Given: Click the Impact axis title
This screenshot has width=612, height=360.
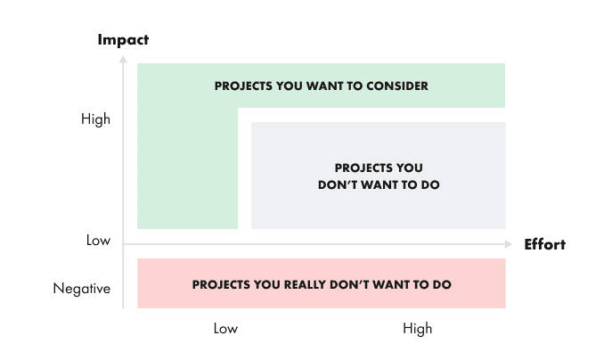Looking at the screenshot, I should tap(123, 40).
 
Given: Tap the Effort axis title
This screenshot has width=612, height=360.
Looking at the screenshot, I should tap(544, 244).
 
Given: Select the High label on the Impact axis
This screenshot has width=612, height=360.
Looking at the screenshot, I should tap(95, 119).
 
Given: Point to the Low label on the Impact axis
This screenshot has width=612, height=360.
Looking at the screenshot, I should tap(98, 241).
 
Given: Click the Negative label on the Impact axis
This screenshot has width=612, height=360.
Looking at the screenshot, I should tap(82, 289).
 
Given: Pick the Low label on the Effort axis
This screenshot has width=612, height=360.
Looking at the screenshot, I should tap(225, 329).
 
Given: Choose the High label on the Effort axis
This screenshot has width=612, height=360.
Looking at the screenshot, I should tap(417, 329).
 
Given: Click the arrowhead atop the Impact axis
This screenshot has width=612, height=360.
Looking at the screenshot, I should tap(123, 58).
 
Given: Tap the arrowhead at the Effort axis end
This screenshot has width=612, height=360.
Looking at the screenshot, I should tap(509, 244).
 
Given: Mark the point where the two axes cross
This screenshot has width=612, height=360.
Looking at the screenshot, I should tap(123, 244).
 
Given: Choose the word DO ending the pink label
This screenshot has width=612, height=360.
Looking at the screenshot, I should tap(443, 285).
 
